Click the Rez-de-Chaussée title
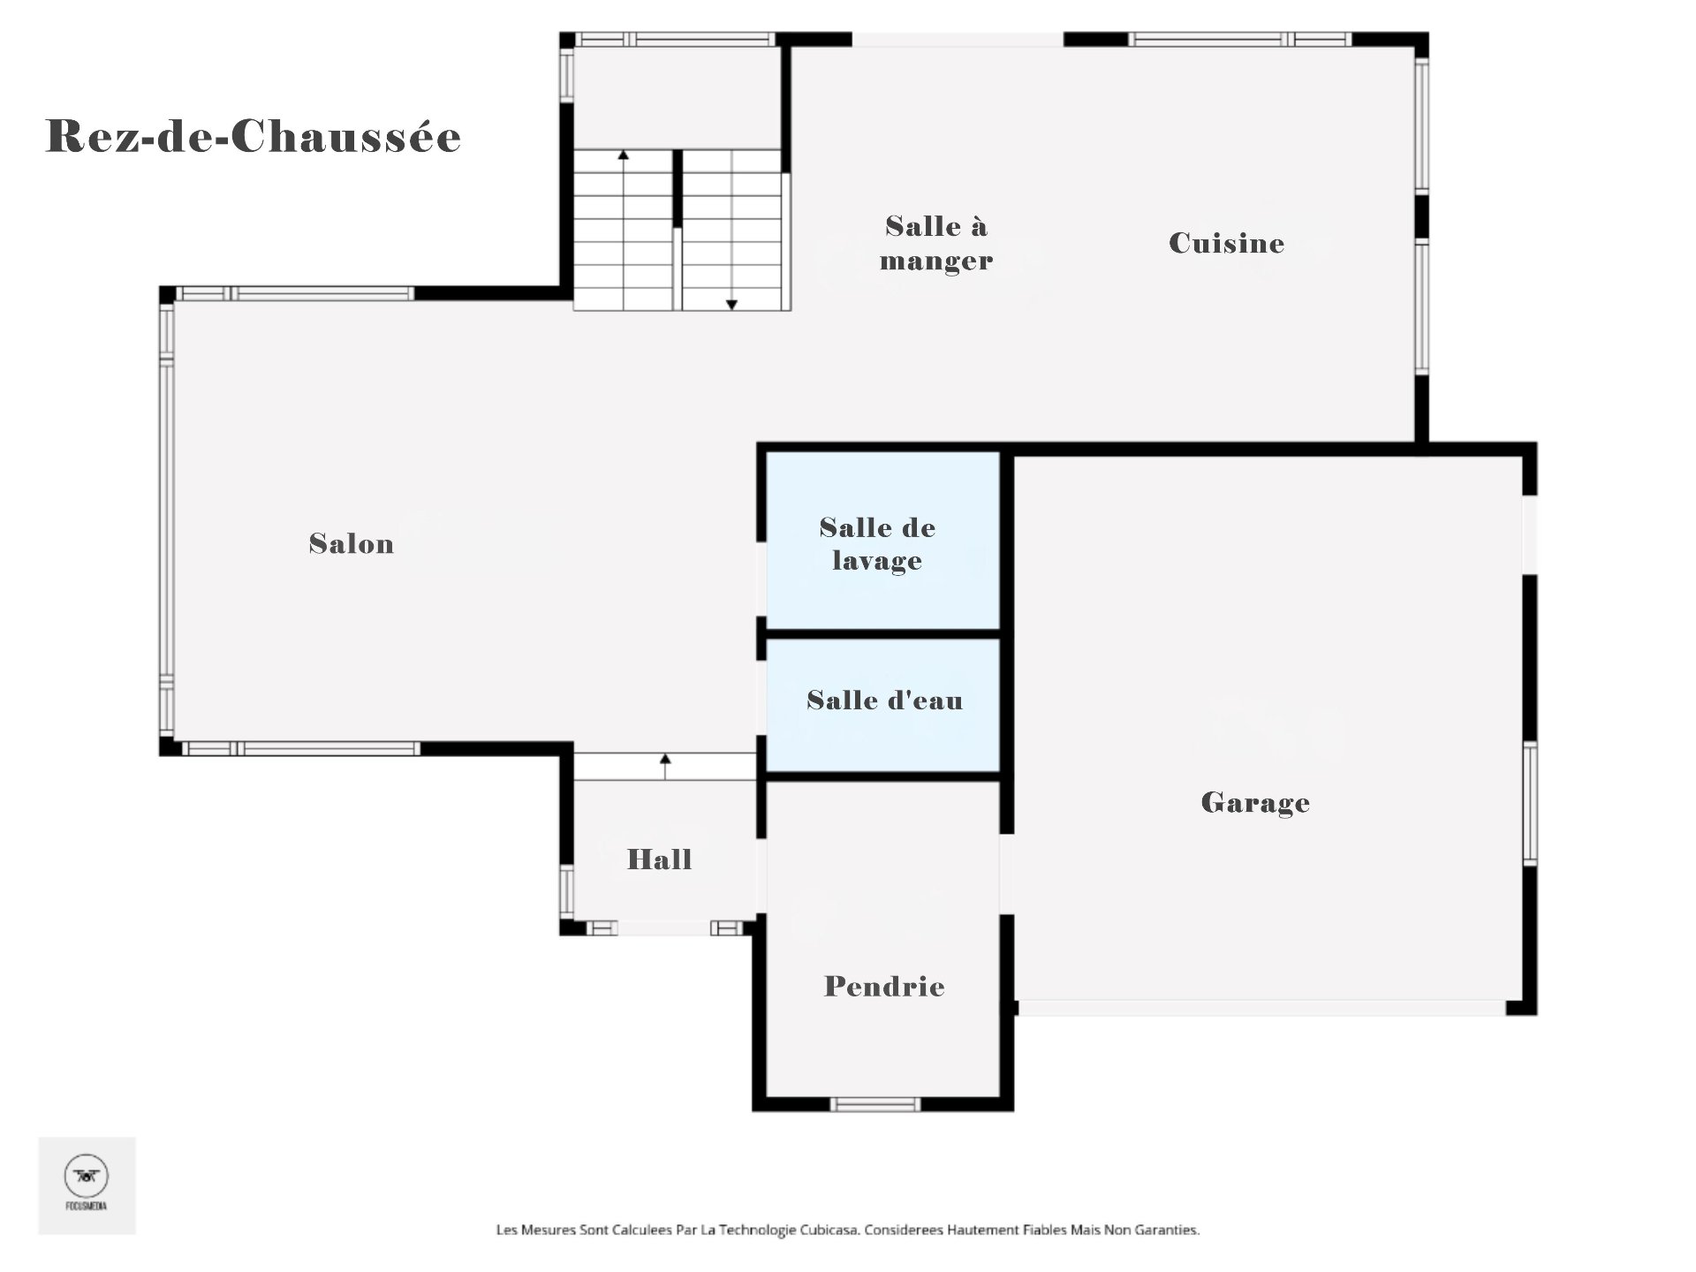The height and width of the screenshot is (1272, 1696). click(254, 137)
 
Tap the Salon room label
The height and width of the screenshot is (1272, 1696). click(352, 543)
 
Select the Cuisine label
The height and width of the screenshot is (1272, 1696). click(1226, 243)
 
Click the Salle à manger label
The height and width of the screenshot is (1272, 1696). click(935, 243)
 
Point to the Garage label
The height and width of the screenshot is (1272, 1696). click(1255, 802)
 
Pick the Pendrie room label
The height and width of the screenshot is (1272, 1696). click(884, 986)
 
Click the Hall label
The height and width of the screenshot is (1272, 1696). click(659, 859)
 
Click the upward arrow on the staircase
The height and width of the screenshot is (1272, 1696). click(624, 155)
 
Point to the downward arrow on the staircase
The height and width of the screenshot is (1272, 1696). click(731, 304)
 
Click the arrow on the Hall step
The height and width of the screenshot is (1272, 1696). click(665, 760)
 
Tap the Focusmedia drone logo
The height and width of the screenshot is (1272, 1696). click(87, 1177)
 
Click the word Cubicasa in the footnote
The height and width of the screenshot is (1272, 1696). click(829, 1230)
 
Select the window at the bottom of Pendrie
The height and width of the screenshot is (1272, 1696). click(875, 1104)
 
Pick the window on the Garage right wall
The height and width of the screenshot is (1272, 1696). click(1530, 802)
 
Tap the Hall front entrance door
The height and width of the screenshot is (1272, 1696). click(664, 927)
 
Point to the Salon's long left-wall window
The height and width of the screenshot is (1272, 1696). click(167, 521)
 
